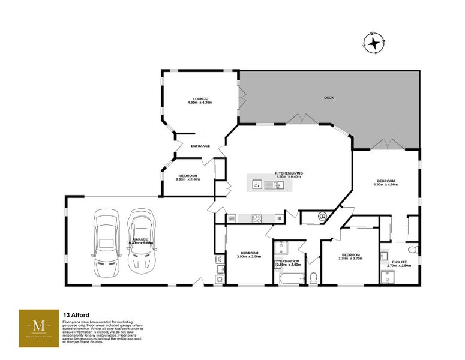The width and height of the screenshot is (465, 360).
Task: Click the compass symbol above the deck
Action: pyautogui.click(x=373, y=43)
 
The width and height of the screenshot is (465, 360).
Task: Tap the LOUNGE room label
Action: pyautogui.click(x=200, y=98)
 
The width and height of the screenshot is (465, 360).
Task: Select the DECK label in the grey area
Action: pyautogui.click(x=329, y=97)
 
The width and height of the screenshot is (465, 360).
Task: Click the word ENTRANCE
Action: pyautogui.click(x=200, y=146)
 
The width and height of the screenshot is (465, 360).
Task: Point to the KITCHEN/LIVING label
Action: pyautogui.click(x=289, y=173)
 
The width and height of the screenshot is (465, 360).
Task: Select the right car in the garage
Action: pyautogui.click(x=142, y=240)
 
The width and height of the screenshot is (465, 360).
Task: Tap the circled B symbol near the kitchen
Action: pyautogui.click(x=322, y=216)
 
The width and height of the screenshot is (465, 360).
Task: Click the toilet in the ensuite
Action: pyautogui.click(x=412, y=248)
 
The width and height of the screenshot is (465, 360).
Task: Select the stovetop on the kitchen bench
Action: pyautogui.click(x=256, y=218)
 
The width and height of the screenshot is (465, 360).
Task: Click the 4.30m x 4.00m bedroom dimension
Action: pyautogui.click(x=386, y=185)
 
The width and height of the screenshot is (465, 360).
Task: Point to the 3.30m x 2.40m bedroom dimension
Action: pyautogui.click(x=187, y=179)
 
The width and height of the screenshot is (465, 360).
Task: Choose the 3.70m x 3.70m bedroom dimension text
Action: pyautogui.click(x=352, y=259)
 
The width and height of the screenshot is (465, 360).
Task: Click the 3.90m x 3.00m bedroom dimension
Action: pyautogui.click(x=249, y=257)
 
